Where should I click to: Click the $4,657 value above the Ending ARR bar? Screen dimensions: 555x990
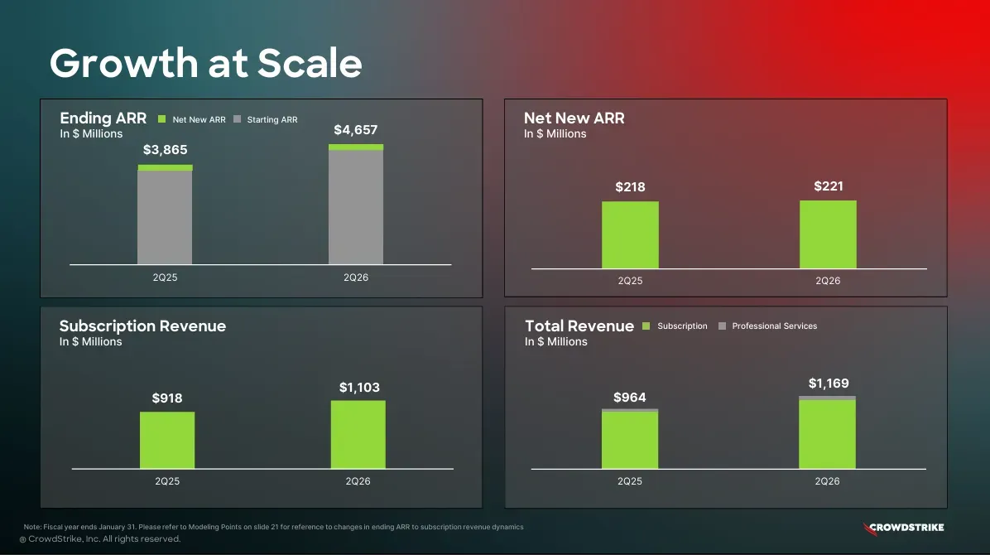(355, 130)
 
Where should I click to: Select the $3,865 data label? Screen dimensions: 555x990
(165, 150)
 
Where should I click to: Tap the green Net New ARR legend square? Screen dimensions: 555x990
(162, 119)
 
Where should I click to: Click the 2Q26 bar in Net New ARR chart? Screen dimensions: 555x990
(828, 234)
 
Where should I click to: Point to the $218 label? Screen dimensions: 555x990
(630, 187)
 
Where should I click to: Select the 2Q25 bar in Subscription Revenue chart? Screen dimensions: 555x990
(167, 440)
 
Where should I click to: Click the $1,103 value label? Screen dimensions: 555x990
(359, 388)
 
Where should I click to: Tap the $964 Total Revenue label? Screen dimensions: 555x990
(630, 398)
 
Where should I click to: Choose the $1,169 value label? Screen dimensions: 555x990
(829, 384)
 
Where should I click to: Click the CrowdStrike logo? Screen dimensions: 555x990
(903, 527)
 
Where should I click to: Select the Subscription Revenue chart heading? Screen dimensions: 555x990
(142, 326)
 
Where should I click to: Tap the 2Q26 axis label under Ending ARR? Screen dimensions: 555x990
(356, 277)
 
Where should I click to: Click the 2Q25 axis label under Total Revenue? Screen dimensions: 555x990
(630, 481)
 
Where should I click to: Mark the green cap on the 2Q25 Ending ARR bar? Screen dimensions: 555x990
(165, 167)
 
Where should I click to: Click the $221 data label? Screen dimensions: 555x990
(829, 186)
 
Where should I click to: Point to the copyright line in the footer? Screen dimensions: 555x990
(99, 539)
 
